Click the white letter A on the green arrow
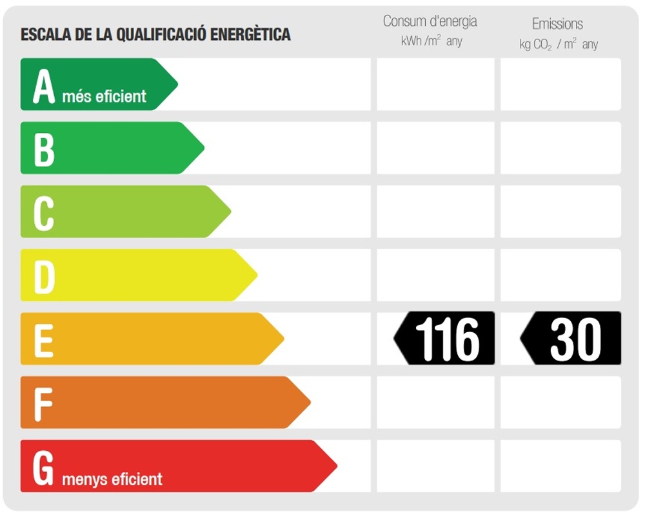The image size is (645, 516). click(x=44, y=86)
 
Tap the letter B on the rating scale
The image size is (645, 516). click(x=44, y=149)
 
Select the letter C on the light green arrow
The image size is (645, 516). click(x=43, y=213)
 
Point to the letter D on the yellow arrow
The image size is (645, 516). click(x=44, y=277)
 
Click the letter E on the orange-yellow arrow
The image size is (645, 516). click(x=43, y=340)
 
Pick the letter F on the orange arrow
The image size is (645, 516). click(x=43, y=404)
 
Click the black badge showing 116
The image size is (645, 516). click(x=445, y=339)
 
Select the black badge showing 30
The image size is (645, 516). click(x=571, y=339)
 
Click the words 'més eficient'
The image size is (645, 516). click(x=104, y=97)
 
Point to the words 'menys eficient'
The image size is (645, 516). click(x=112, y=479)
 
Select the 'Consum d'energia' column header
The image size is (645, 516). click(x=430, y=21)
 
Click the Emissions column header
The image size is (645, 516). click(x=557, y=24)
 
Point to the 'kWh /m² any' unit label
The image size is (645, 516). click(x=431, y=41)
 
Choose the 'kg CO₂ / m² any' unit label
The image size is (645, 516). click(x=559, y=45)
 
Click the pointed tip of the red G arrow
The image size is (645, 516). click(x=335, y=466)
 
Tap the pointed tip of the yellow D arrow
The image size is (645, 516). click(x=256, y=275)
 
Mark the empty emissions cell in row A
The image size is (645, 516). click(x=561, y=84)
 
